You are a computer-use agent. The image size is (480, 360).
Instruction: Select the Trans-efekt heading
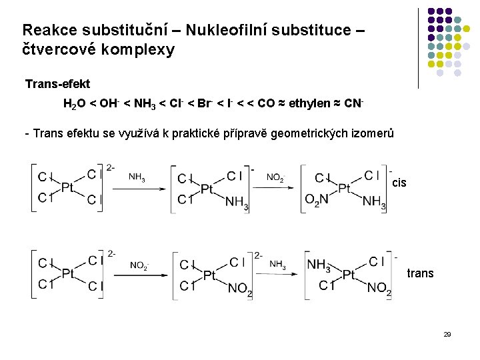pyautogui.click(x=57, y=84)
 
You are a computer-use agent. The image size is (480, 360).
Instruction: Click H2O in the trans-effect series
pyautogui.click(x=74, y=105)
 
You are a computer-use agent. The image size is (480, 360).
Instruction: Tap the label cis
pyautogui.click(x=399, y=182)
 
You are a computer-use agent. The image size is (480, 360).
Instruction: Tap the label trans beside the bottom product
pyautogui.click(x=419, y=273)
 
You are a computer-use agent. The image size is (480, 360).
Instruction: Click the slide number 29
pyautogui.click(x=447, y=333)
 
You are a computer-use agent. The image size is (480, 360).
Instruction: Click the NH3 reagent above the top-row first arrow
pyautogui.click(x=137, y=177)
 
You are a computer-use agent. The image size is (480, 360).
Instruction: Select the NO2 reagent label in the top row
pyautogui.click(x=275, y=177)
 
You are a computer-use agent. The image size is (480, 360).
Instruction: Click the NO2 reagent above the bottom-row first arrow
pyautogui.click(x=139, y=265)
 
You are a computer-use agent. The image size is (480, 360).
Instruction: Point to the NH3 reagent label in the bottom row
pyautogui.click(x=278, y=265)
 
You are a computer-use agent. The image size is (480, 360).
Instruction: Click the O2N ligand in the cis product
pyautogui.click(x=316, y=200)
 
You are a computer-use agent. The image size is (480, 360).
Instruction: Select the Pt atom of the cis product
pyautogui.click(x=344, y=189)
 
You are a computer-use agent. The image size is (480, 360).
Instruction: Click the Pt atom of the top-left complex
pyautogui.click(x=67, y=188)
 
